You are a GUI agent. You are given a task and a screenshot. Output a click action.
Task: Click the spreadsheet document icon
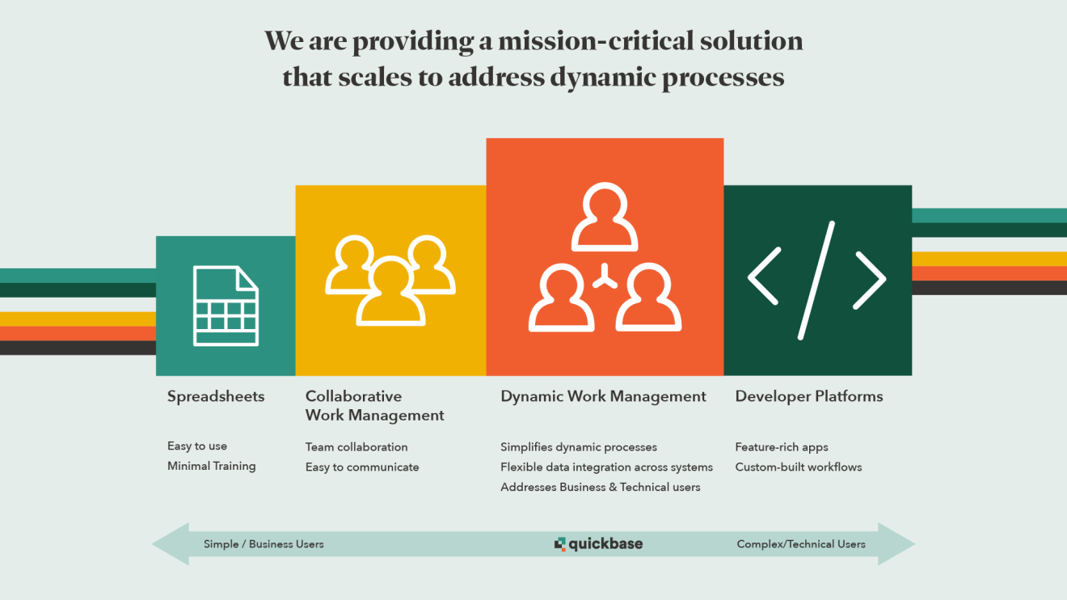click(x=226, y=306)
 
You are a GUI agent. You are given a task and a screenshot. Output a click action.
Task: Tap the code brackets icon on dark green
click(x=816, y=281)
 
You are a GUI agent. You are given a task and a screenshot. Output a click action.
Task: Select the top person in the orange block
click(x=605, y=217)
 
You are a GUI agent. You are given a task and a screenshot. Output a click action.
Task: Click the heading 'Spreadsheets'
click(x=216, y=396)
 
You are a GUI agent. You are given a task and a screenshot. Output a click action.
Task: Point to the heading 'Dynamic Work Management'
click(x=603, y=396)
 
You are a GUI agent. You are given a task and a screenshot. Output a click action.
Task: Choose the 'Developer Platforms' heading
click(x=809, y=396)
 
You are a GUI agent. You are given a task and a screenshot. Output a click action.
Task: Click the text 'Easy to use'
click(x=197, y=446)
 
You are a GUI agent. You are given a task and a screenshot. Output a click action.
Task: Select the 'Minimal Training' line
click(x=212, y=466)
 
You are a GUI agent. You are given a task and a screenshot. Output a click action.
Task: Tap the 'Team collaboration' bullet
click(x=356, y=447)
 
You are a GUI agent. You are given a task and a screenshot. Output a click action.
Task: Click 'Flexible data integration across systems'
click(x=606, y=467)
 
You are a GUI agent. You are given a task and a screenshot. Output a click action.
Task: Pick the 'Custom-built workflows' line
click(x=799, y=467)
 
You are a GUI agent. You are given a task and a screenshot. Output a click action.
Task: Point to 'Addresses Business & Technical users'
click(x=600, y=487)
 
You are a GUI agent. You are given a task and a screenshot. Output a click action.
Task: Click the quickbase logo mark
click(x=559, y=543)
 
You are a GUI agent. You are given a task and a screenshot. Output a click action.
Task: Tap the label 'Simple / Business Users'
click(x=264, y=544)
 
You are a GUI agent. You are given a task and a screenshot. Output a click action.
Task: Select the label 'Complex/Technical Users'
click(x=801, y=544)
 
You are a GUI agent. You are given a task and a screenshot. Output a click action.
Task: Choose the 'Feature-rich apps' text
click(x=782, y=447)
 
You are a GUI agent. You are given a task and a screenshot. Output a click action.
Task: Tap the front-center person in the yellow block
click(x=390, y=292)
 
